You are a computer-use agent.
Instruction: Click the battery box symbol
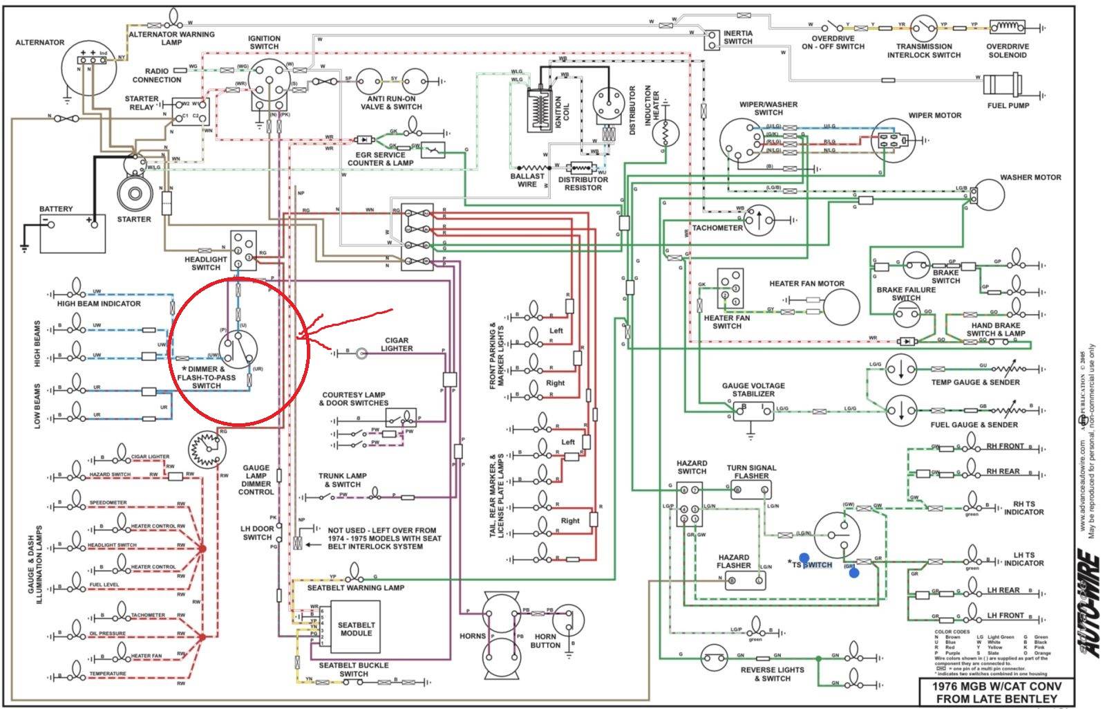click(73, 233)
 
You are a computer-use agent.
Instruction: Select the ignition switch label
click(264, 43)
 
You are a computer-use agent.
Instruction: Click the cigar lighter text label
click(397, 344)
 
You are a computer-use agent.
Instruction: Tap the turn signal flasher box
click(751, 490)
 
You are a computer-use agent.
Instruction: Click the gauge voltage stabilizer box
click(754, 411)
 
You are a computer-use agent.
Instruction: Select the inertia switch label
click(738, 37)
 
